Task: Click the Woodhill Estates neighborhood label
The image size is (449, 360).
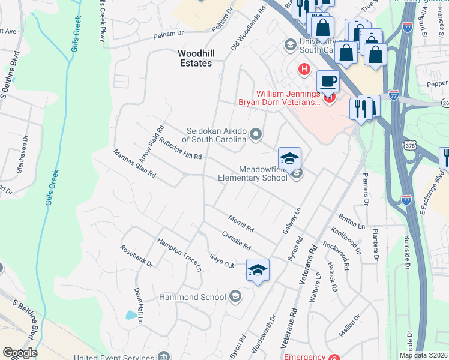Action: (195, 58)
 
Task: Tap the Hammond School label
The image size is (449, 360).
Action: (192, 297)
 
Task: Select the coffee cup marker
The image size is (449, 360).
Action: (328, 81)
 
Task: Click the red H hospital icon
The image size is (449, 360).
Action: (305, 70)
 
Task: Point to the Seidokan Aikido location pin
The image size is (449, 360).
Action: (256, 134)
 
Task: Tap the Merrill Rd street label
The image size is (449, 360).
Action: (241, 224)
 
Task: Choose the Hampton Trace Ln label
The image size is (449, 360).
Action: (179, 254)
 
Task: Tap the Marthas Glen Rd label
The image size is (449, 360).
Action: (135, 164)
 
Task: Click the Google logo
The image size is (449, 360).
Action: (19, 353)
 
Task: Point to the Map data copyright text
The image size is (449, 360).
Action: (423, 355)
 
